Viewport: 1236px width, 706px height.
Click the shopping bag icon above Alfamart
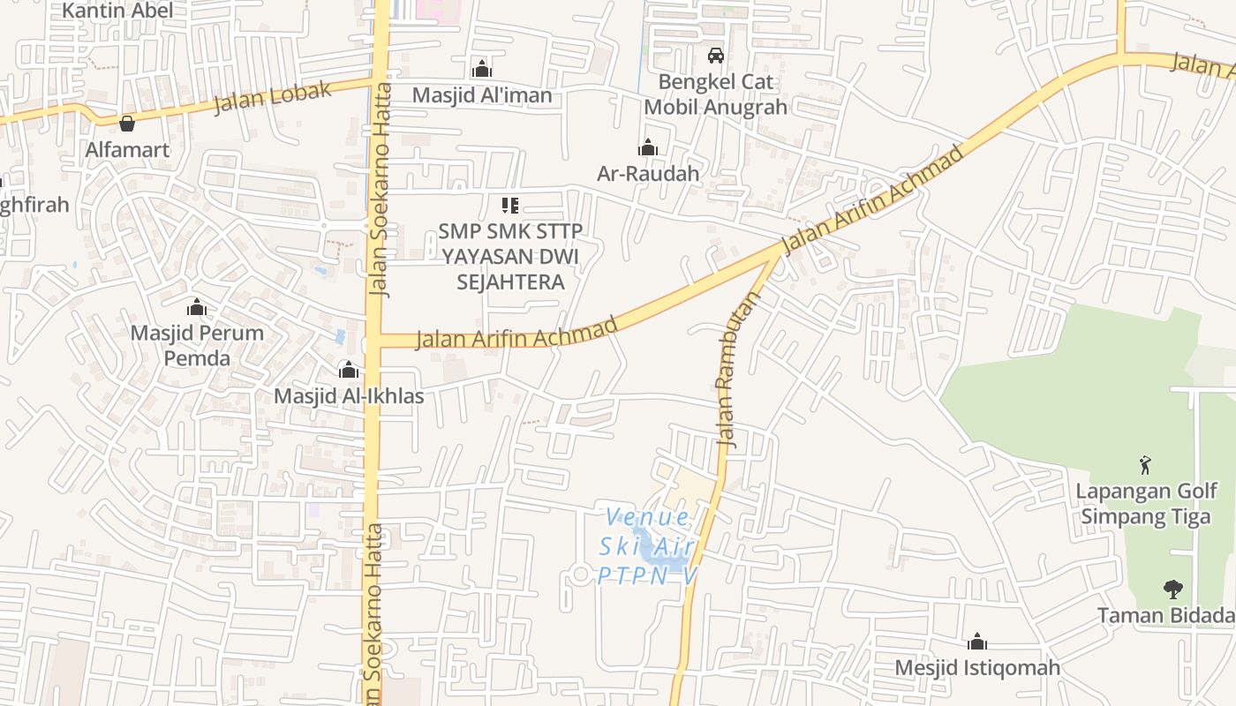(x=127, y=124)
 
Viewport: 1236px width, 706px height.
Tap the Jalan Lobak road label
(x=273, y=96)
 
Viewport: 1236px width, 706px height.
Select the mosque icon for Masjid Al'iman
(x=481, y=69)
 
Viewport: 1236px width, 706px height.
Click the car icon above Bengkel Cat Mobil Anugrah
(x=715, y=56)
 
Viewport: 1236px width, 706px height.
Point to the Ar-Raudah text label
(x=648, y=174)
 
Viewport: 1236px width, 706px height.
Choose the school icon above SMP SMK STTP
(x=509, y=206)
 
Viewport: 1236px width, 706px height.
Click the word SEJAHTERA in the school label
(x=510, y=282)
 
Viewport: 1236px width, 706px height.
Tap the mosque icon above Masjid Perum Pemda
(x=197, y=308)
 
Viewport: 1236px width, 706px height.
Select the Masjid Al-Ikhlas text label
(x=349, y=396)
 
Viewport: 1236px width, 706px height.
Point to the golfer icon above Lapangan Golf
(x=1146, y=464)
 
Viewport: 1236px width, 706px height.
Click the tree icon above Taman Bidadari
(x=1172, y=589)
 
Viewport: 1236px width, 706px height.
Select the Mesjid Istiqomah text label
(x=977, y=668)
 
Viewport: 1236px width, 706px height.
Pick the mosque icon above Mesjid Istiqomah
(x=976, y=642)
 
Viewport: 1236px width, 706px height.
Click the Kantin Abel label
(x=117, y=11)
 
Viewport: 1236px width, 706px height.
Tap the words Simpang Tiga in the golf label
(x=1146, y=517)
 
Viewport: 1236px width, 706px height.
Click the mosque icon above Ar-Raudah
(x=648, y=147)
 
